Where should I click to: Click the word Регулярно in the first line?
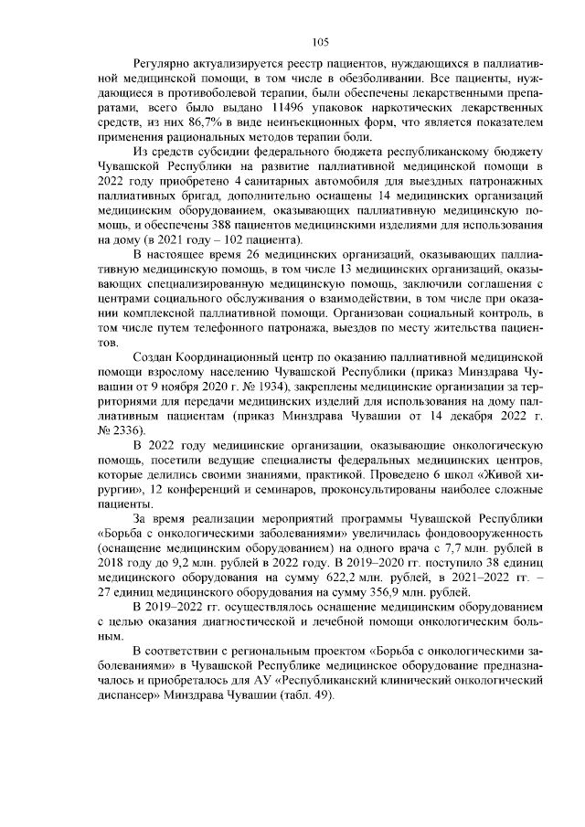(161, 66)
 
